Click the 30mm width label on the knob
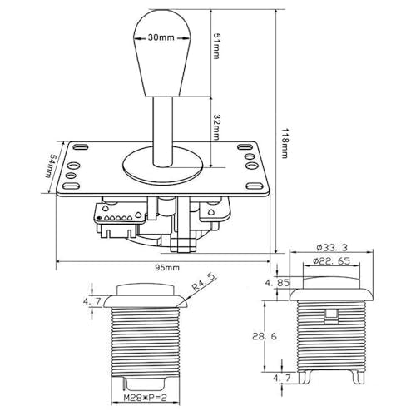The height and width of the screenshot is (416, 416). (x=161, y=37)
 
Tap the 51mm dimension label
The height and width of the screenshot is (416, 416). (x=216, y=46)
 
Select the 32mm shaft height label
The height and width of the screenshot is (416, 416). (x=216, y=127)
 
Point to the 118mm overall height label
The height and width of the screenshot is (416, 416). (x=285, y=143)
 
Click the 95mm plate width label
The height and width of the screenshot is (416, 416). (x=167, y=268)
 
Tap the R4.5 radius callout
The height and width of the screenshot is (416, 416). (x=204, y=282)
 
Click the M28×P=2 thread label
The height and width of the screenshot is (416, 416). (x=145, y=398)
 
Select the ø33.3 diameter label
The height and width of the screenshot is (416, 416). (x=332, y=247)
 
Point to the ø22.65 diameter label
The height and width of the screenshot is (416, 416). (x=331, y=261)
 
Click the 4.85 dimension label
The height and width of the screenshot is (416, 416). (x=277, y=283)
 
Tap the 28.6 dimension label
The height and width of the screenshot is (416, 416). (x=265, y=336)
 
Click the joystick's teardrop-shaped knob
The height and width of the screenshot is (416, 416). (x=162, y=52)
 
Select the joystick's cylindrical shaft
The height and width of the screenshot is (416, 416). (x=163, y=131)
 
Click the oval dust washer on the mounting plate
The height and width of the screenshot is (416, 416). (x=163, y=166)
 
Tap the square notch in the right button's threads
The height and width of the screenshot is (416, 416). (x=331, y=316)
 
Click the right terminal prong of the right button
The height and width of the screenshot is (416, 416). (x=358, y=378)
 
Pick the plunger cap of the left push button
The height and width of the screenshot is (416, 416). (x=145, y=290)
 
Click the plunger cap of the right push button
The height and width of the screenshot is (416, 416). (x=331, y=282)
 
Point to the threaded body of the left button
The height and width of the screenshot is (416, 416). (x=146, y=342)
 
